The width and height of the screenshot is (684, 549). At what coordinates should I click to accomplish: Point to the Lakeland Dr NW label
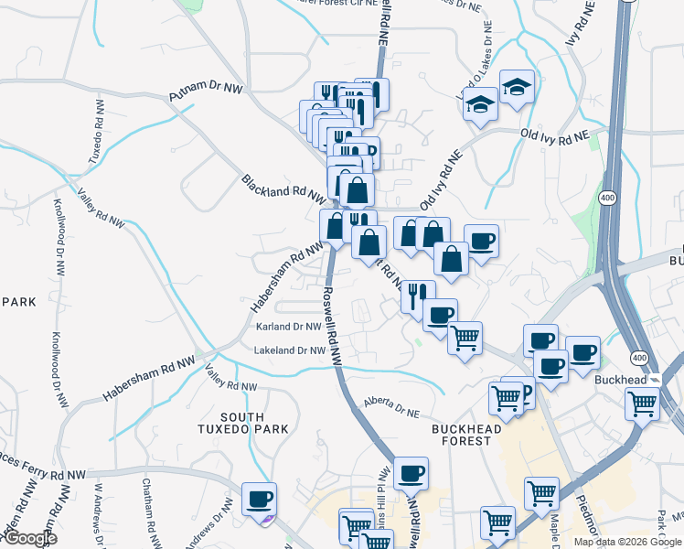tap(292, 350)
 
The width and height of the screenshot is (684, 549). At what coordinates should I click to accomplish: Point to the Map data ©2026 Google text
tap(627, 542)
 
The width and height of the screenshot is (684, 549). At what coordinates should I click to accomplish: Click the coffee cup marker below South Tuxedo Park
tap(259, 499)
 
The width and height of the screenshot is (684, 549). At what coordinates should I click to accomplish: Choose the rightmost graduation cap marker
tap(518, 86)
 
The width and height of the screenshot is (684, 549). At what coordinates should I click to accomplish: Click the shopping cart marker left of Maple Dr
tap(541, 493)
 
